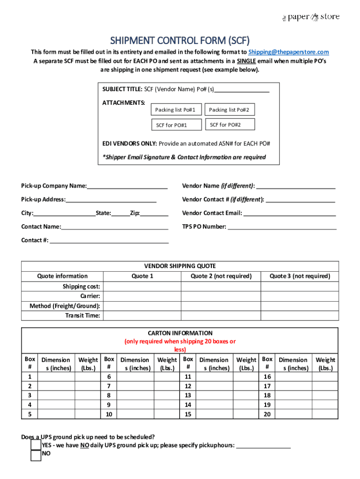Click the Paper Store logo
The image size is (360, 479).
(310, 17)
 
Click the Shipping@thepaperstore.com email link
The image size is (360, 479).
(288, 52)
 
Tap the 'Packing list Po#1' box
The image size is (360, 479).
(175, 110)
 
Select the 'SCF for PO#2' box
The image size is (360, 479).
(230, 124)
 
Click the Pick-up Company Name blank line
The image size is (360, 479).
(127, 186)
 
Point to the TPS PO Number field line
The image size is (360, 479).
(282, 227)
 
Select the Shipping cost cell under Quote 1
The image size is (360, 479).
(142, 286)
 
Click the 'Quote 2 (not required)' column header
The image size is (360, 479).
(221, 276)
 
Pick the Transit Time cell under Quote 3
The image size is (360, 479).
(299, 316)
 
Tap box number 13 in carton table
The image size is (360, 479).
(188, 395)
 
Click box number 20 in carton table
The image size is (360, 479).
(267, 414)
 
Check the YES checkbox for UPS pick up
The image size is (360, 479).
(36, 445)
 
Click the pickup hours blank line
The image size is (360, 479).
(264, 446)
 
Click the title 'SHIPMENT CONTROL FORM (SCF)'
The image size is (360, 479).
(180, 40)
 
